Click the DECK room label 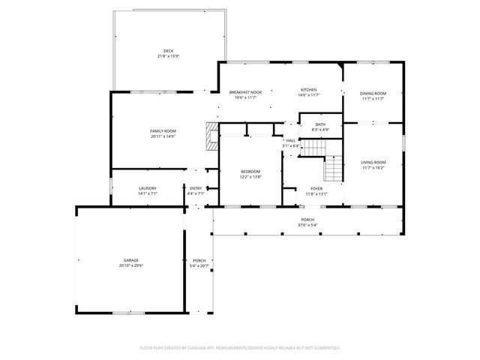169,51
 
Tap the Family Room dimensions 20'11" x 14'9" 163,136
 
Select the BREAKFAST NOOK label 245,91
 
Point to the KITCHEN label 310,91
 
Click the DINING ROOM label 373,93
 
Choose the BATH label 320,124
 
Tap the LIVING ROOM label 373,162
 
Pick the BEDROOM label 250,171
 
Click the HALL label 290,140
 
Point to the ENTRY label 195,188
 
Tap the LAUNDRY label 146,188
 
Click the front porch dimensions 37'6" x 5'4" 308,225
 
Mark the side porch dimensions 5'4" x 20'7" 199,265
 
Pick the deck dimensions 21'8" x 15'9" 169,56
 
